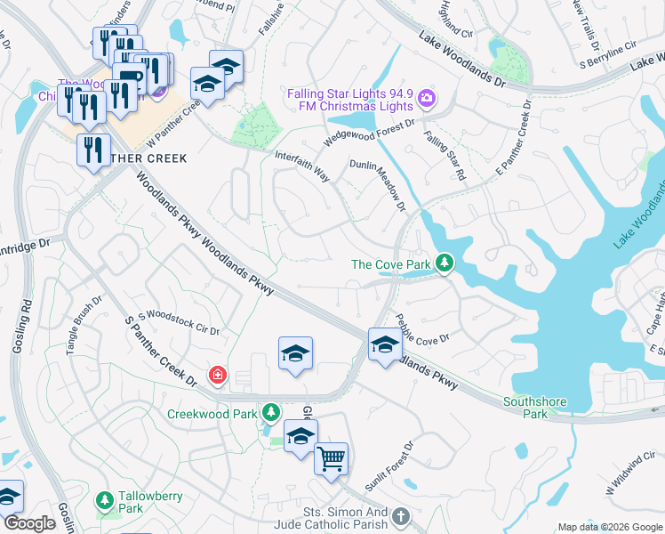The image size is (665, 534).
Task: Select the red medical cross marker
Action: click(216, 376)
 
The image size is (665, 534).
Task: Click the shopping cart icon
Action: click(331, 459)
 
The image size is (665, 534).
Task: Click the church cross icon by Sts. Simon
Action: click(401, 516)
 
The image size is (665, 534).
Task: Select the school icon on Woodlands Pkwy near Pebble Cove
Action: click(385, 344)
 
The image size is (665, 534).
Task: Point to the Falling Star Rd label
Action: click(445, 157)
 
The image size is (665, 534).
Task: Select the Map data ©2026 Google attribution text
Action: click(610, 527)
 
